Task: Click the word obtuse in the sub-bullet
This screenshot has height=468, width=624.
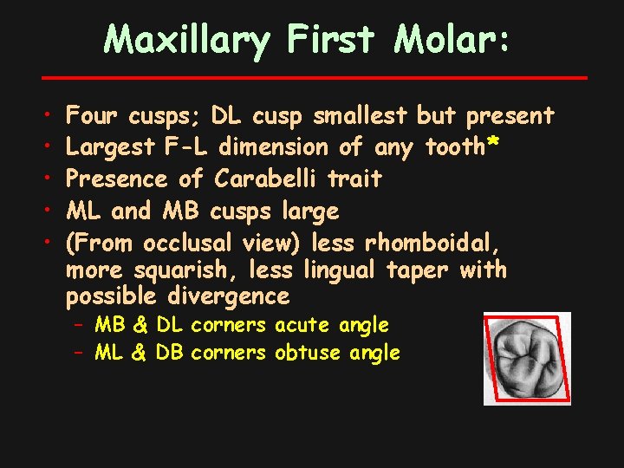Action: [309, 353]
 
